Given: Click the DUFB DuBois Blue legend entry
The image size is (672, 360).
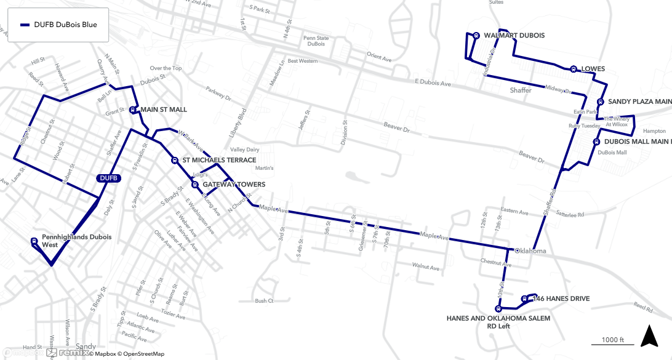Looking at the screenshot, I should [58, 25].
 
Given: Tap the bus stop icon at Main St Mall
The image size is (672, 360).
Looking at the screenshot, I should [133, 110].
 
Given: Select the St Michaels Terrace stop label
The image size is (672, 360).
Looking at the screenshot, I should [219, 160].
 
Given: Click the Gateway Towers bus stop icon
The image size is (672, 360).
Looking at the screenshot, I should [194, 184].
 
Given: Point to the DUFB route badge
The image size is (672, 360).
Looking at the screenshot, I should [108, 178].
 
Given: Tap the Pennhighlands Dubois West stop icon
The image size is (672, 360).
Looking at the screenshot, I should [34, 241].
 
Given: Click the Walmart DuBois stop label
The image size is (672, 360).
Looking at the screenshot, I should [514, 36].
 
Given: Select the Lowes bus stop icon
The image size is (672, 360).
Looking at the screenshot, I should [573, 69].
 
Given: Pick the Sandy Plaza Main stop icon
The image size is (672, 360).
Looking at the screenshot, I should [600, 102].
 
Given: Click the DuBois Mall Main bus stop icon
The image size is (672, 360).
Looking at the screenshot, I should [596, 142].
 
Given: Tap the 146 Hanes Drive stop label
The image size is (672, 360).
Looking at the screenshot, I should [561, 299].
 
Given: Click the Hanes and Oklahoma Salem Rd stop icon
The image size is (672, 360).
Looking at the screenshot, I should [498, 309].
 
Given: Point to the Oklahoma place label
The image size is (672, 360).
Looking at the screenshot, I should [530, 251].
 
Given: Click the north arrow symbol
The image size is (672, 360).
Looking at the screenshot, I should [649, 337].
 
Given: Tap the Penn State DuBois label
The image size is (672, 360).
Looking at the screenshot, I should [316, 41].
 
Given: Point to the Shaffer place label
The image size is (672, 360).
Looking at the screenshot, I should [521, 90].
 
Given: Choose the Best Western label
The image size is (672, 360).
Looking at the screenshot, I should [303, 61].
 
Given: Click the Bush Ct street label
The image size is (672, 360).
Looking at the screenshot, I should [264, 301].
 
